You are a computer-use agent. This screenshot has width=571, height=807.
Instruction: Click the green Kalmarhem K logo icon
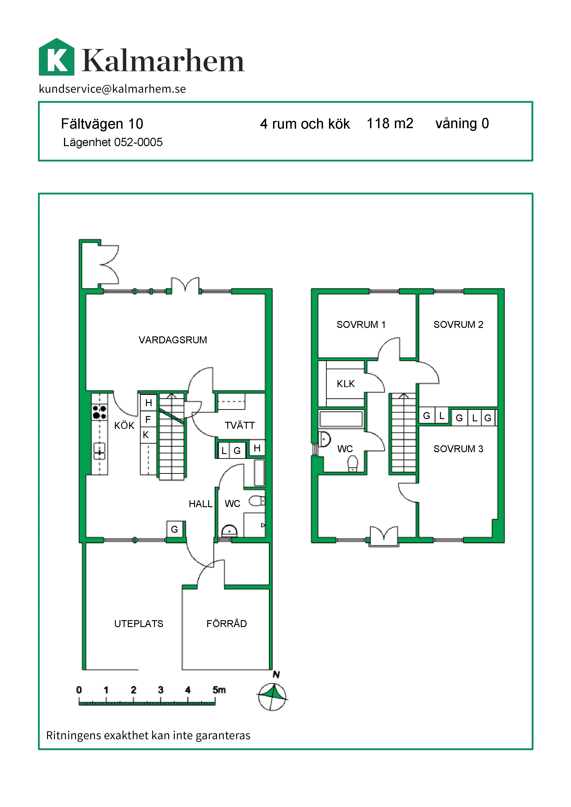click(57, 57)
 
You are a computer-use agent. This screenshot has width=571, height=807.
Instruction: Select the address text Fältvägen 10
click(102, 124)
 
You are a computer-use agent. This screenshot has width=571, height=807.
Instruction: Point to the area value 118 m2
click(390, 123)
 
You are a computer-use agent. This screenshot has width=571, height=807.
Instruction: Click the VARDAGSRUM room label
click(173, 340)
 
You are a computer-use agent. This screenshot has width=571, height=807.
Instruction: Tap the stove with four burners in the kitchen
click(99, 412)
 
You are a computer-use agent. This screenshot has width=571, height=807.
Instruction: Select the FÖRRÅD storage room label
click(226, 624)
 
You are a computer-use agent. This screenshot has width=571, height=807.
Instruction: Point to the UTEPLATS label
click(139, 624)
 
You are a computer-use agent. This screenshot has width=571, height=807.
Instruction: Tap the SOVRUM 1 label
click(361, 324)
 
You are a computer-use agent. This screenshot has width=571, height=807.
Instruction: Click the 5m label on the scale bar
click(219, 690)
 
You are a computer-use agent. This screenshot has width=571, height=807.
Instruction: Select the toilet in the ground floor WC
click(257, 501)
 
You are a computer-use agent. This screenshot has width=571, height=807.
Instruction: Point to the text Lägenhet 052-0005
click(113, 142)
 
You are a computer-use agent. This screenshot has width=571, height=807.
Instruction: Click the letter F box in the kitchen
click(148, 419)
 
